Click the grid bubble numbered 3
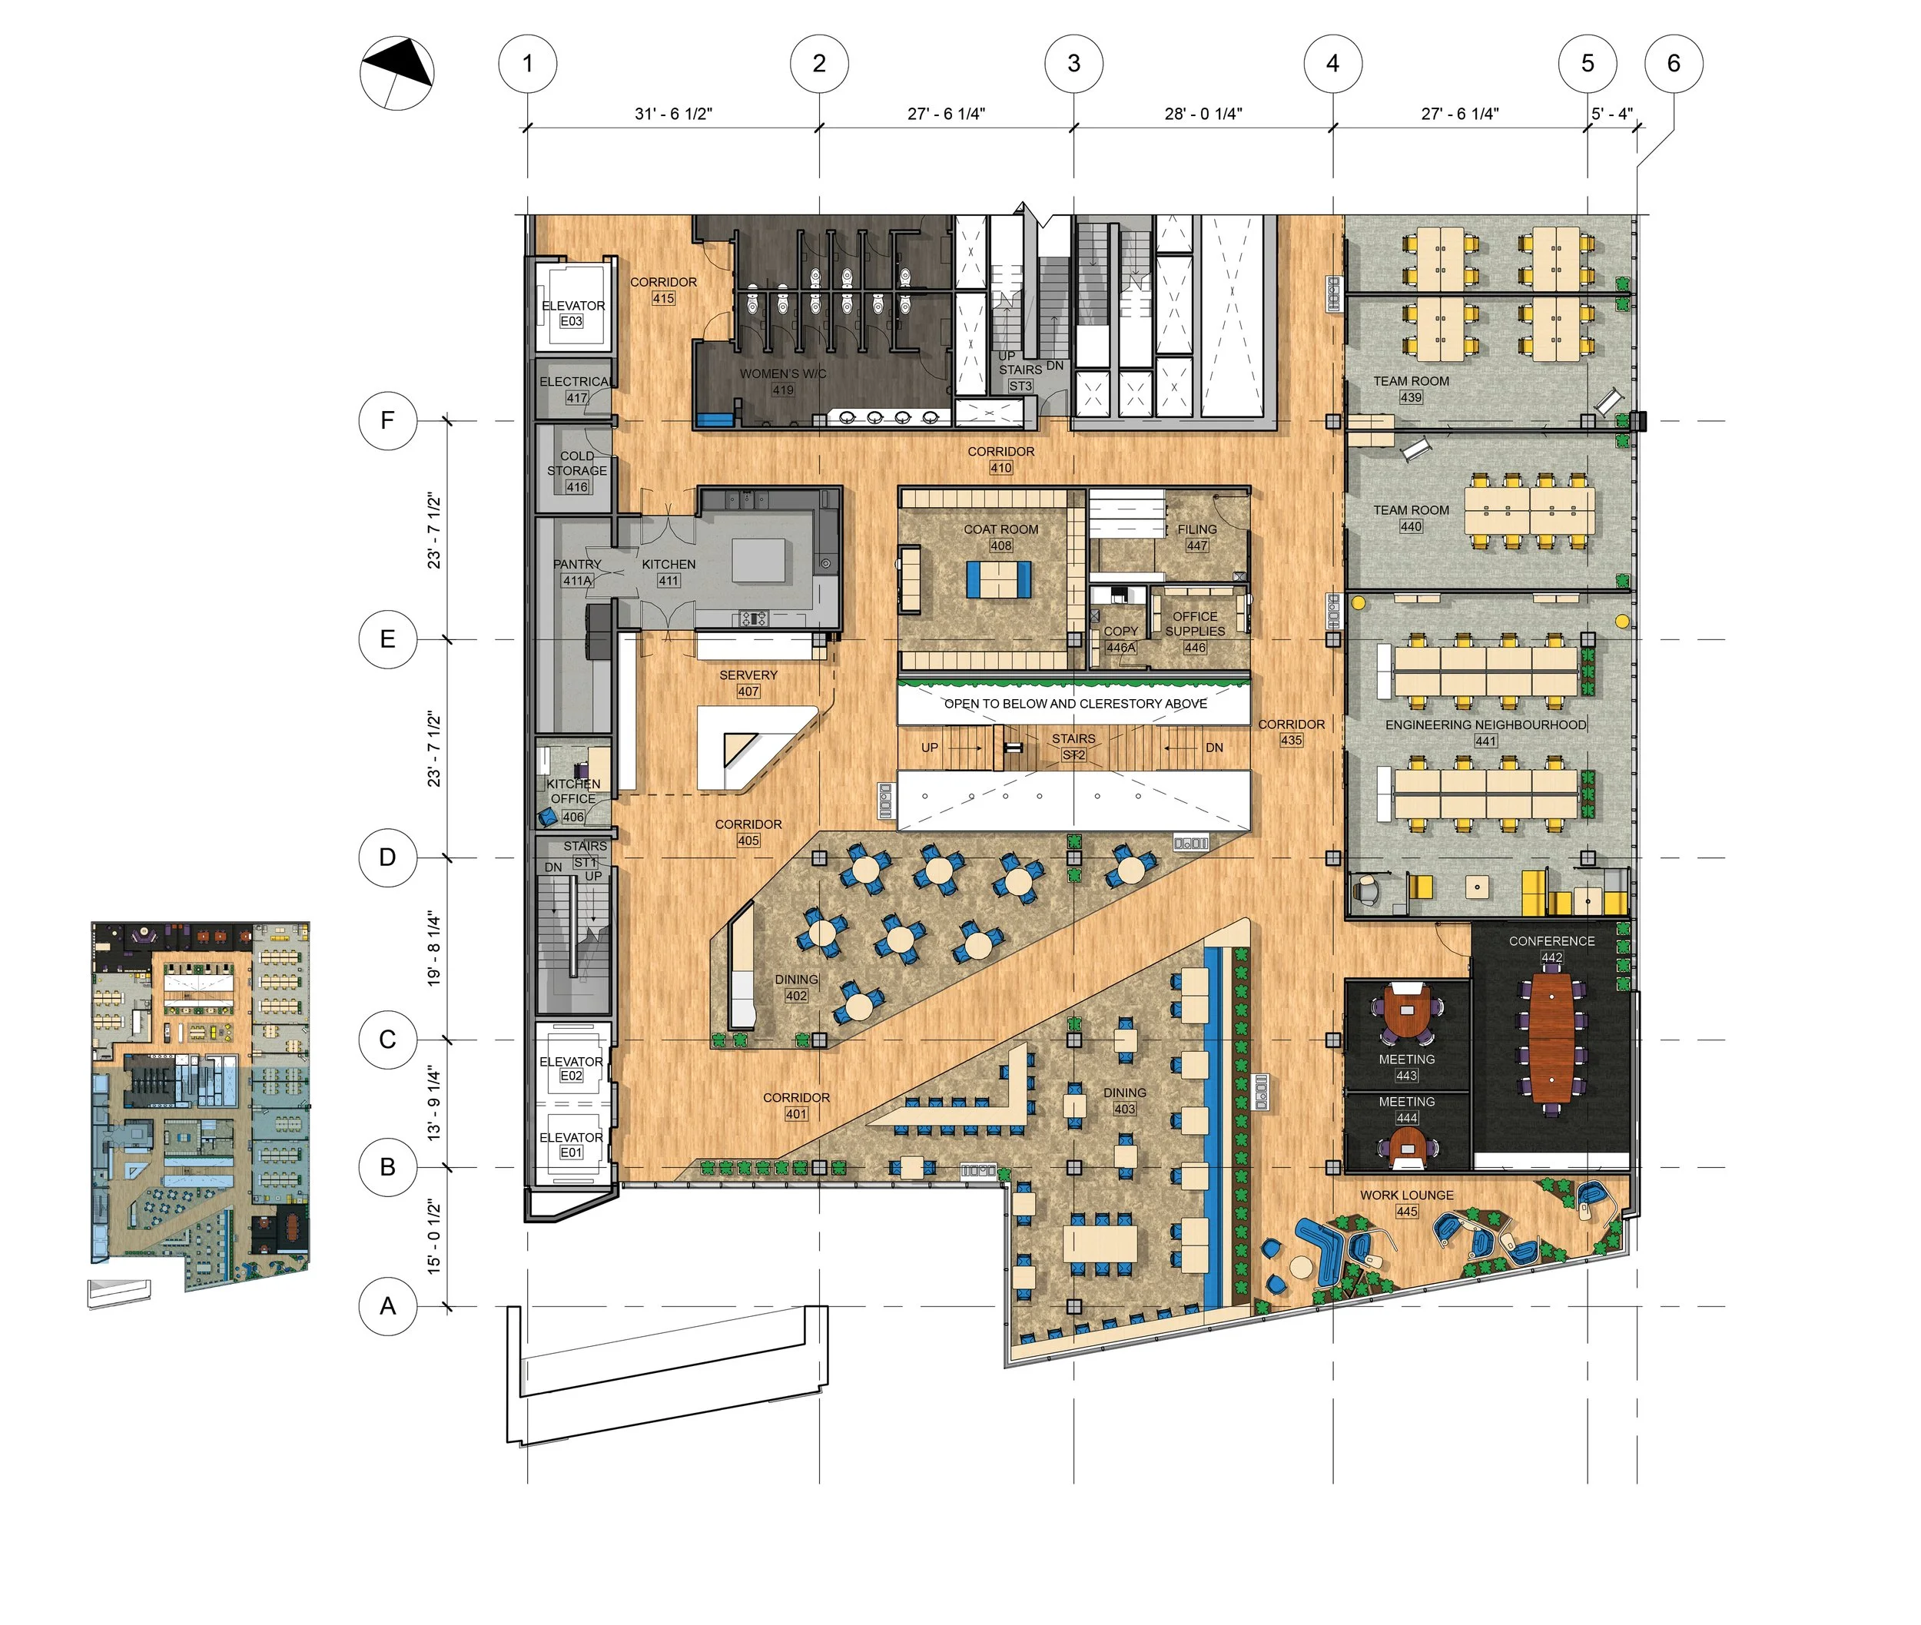(x=1073, y=64)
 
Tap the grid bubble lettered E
(x=387, y=639)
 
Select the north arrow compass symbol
(x=396, y=73)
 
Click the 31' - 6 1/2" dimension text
(x=672, y=113)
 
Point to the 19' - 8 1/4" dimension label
(x=434, y=950)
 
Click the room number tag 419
(x=782, y=390)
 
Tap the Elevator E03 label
(x=572, y=306)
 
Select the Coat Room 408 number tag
(x=1000, y=546)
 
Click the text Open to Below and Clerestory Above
(x=1075, y=704)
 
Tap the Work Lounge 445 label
(x=1406, y=1196)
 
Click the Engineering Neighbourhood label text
(x=1485, y=725)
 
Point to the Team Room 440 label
(x=1411, y=510)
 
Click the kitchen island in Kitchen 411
(x=760, y=560)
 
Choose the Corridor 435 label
(x=1291, y=725)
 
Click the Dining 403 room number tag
(x=1124, y=1109)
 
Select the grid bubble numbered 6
(x=1673, y=64)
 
